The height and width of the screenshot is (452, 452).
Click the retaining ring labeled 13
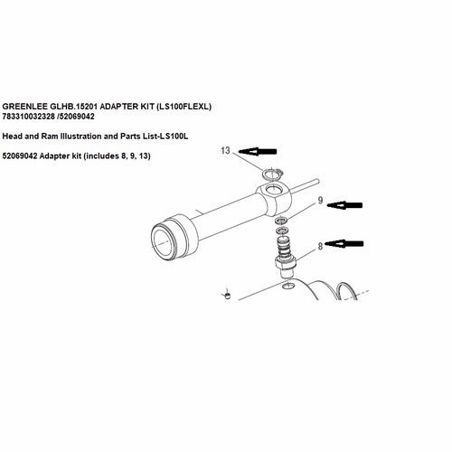click(274, 175)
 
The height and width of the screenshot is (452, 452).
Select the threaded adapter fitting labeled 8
click(285, 263)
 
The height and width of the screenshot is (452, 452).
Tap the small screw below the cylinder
click(229, 295)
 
